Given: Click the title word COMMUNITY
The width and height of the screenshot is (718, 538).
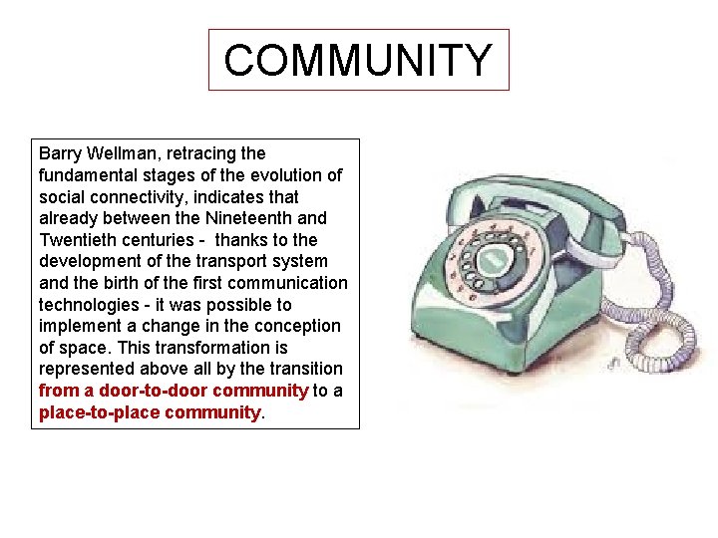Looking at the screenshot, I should point(358,60).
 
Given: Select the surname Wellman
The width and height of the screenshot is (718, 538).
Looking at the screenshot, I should point(125,153).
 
